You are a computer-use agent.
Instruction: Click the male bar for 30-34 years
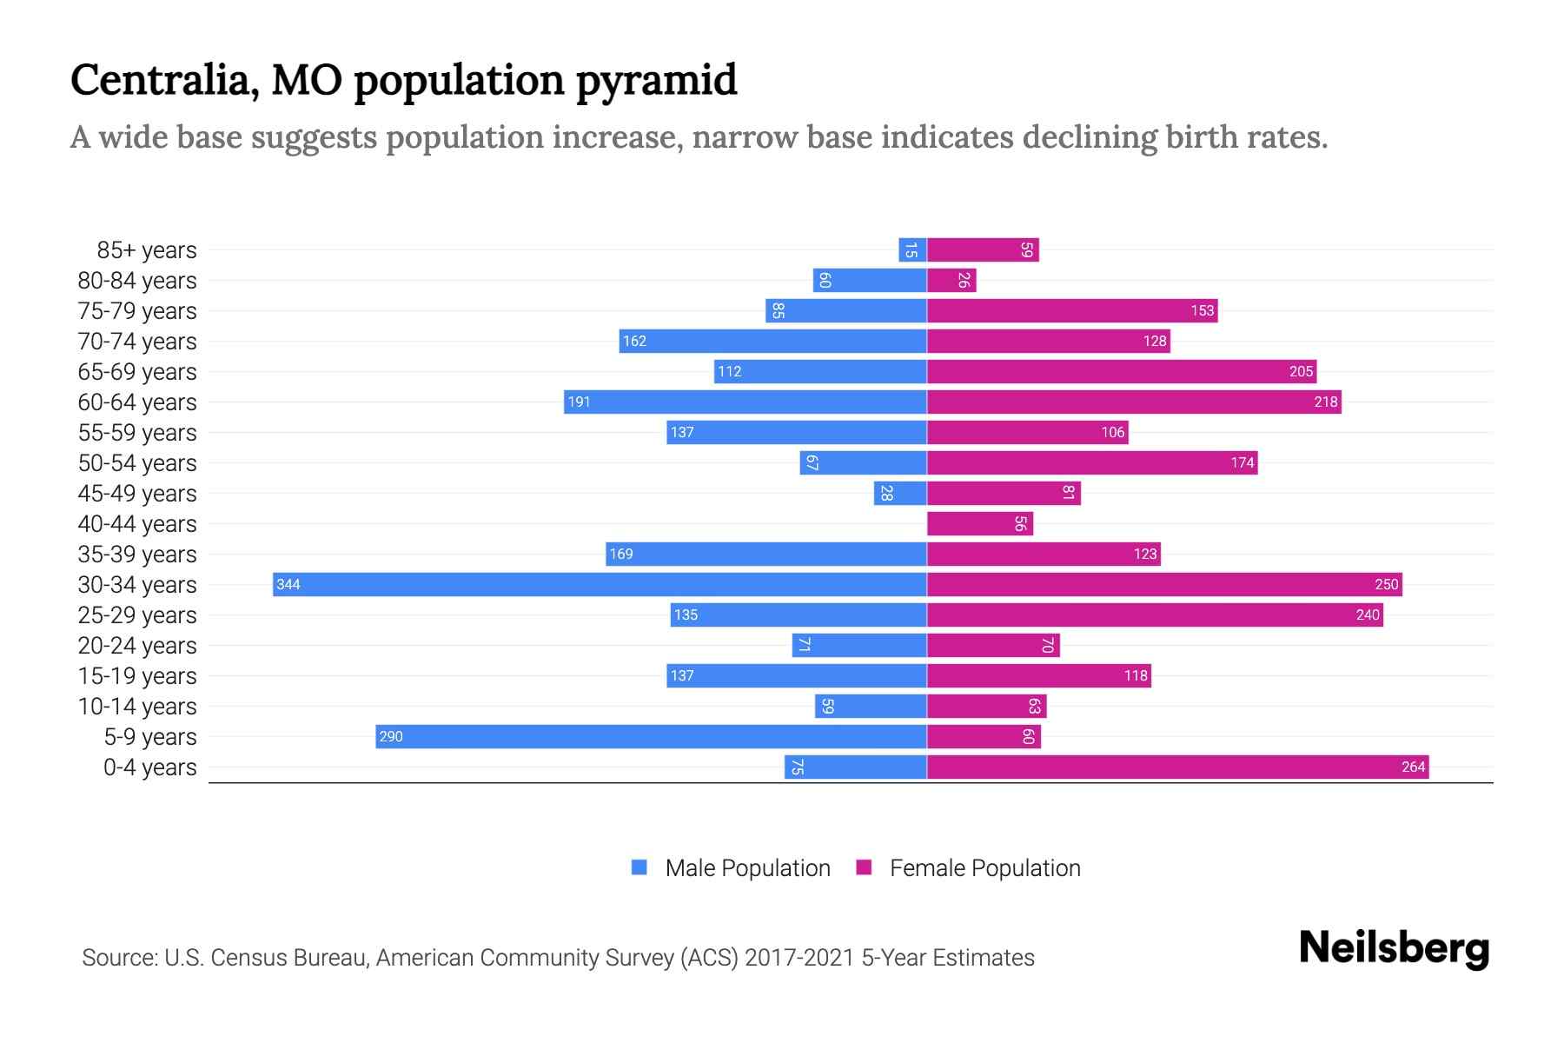point(600,584)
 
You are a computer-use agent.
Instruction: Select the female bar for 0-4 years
point(1177,767)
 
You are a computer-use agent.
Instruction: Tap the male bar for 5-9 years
point(651,736)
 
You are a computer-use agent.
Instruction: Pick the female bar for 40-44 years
point(980,523)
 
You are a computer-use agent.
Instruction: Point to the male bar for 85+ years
point(912,249)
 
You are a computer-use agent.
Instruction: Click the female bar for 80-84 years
point(951,280)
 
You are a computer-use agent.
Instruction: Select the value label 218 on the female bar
point(1325,402)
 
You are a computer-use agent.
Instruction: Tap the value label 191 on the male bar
point(579,402)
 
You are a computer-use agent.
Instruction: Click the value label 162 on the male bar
point(634,341)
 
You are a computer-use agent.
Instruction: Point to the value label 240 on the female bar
point(1367,615)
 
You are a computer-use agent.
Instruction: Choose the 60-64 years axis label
point(137,402)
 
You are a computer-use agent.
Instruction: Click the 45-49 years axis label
point(137,494)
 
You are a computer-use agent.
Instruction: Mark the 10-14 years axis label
point(137,707)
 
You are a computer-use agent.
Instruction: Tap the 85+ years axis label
point(147,250)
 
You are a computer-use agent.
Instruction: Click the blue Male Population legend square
point(640,867)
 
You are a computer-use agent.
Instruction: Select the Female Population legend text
point(984,868)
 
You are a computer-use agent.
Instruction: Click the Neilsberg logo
point(1394,948)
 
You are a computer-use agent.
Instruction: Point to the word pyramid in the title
point(656,81)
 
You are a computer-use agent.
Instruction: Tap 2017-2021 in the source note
point(799,958)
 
